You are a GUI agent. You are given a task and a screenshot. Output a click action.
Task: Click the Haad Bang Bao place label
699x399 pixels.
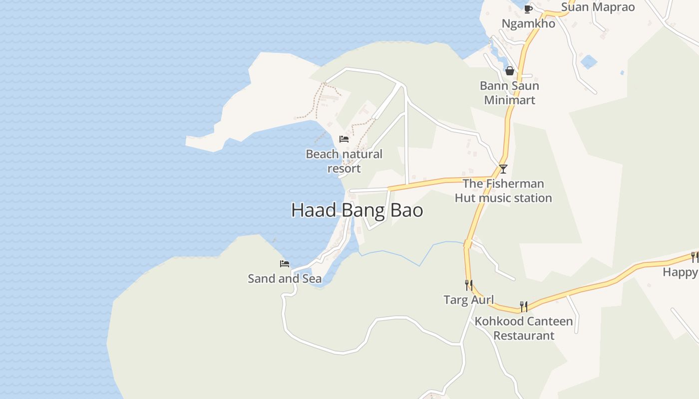tap(357, 210)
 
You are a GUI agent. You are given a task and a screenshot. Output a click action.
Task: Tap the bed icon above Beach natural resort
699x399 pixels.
tap(344, 139)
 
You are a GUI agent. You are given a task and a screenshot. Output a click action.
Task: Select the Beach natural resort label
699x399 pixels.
tap(344, 161)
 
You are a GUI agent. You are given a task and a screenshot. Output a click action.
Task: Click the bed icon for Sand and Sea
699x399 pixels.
tap(285, 264)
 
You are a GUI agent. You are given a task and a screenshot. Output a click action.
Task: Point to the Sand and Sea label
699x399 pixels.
tap(285, 278)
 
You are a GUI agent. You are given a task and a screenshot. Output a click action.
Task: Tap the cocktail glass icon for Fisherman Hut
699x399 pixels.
tap(503, 169)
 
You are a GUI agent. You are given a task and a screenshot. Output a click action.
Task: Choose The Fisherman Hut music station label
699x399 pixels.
tap(503, 191)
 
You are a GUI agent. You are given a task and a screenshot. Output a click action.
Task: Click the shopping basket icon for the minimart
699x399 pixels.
tap(510, 71)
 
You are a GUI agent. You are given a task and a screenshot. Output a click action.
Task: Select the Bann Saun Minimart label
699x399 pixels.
tap(509, 93)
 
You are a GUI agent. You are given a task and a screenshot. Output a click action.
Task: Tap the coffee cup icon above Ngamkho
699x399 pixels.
tap(528, 9)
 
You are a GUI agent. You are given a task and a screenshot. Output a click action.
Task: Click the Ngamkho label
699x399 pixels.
tap(528, 23)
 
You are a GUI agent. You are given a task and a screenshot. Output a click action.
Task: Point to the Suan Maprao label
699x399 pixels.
tap(598, 7)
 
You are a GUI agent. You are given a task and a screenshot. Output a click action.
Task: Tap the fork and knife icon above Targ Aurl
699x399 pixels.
tap(469, 285)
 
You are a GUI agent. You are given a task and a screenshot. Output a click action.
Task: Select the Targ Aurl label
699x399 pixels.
tap(469, 300)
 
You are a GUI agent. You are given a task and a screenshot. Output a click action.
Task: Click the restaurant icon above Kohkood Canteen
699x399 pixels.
tap(524, 306)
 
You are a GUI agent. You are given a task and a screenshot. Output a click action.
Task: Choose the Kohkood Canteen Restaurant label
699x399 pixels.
tap(524, 328)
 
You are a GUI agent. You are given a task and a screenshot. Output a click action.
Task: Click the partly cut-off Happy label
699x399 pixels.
tap(681, 272)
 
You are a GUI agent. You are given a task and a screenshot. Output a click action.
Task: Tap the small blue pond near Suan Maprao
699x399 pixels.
tap(589, 62)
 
